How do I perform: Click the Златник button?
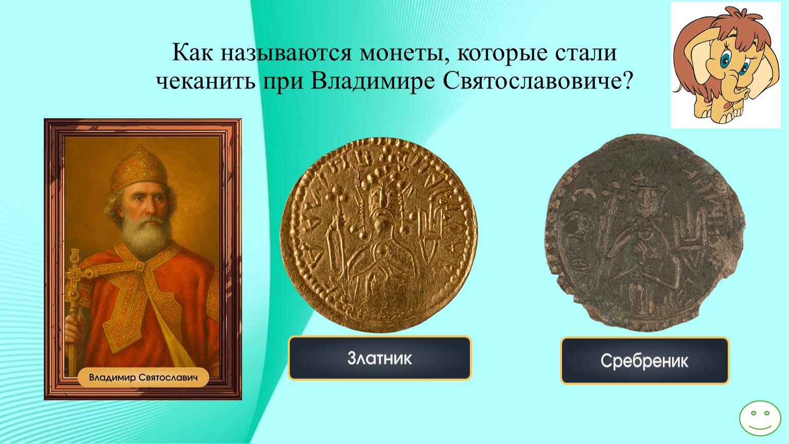pyautogui.click(x=379, y=358)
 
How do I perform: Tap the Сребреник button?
pyautogui.click(x=644, y=361)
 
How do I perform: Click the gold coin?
pyautogui.click(x=379, y=235)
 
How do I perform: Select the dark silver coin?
pyautogui.click(x=644, y=233)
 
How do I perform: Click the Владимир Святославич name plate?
pyautogui.click(x=143, y=378)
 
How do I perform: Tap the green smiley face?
pyautogui.click(x=760, y=418)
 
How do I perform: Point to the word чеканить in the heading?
pyautogui.click(x=206, y=81)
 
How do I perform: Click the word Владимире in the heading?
pyautogui.click(x=373, y=81)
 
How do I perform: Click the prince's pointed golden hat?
pyautogui.click(x=139, y=168)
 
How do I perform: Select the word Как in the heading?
pyautogui.click(x=192, y=53)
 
